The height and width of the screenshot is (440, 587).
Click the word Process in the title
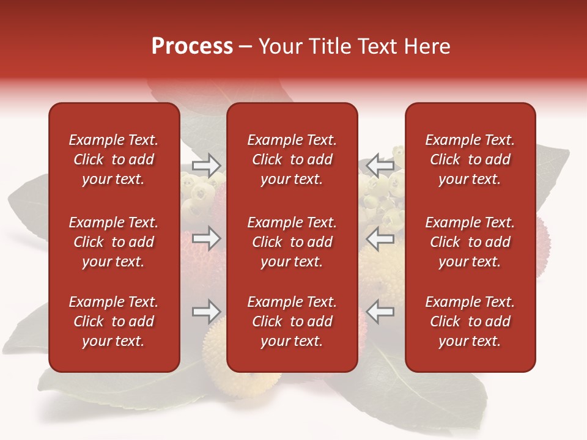coord(192,46)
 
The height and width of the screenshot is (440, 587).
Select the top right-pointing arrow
coord(206,165)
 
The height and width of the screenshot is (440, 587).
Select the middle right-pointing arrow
coord(206,238)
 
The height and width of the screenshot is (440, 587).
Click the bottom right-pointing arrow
coord(206,312)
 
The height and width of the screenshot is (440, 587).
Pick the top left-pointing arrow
coord(380,165)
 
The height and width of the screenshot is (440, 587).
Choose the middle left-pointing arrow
coord(380,238)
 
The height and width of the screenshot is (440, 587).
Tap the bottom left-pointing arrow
coord(380,312)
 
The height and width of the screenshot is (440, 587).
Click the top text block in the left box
coord(114,159)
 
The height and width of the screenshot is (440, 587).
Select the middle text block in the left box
coord(114,242)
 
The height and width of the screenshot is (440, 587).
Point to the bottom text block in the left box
coord(114,321)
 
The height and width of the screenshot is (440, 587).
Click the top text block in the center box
coord(292,159)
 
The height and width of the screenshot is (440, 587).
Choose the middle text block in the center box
coord(292,242)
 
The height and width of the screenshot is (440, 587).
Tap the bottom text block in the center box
coord(292,321)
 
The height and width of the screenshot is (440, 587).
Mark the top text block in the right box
coord(470,159)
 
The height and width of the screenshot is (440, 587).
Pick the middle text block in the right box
coord(470,242)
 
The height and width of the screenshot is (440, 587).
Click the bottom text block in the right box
coord(470,321)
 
